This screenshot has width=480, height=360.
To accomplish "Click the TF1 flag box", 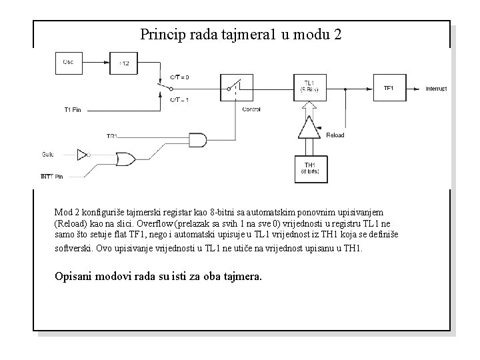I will click(389, 88).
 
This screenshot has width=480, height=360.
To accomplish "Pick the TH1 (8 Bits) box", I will click(311, 169).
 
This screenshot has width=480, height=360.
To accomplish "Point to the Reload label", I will click(335, 135).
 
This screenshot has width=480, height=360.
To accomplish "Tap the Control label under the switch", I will click(251, 109).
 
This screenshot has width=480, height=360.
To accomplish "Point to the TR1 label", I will click(112, 136).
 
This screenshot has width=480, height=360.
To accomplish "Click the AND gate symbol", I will click(199, 139).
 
